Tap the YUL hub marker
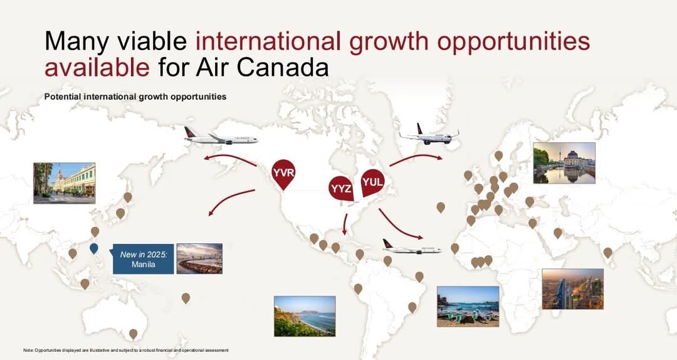(x=372, y=183)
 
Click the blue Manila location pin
(x=94, y=249)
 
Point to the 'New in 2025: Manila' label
(x=143, y=259)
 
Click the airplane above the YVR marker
(x=221, y=137)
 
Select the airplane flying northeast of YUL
(x=429, y=134)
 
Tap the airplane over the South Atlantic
(x=411, y=247)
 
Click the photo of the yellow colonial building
(x=65, y=183)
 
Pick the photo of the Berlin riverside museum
(x=564, y=163)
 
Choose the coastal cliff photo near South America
(x=305, y=316)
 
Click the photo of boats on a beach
(x=468, y=306)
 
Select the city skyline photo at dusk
(x=572, y=289)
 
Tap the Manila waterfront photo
(x=199, y=258)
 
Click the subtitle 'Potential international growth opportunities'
(x=135, y=97)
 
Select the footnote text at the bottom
(x=125, y=350)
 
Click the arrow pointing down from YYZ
(x=345, y=223)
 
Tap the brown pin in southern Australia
(x=133, y=334)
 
